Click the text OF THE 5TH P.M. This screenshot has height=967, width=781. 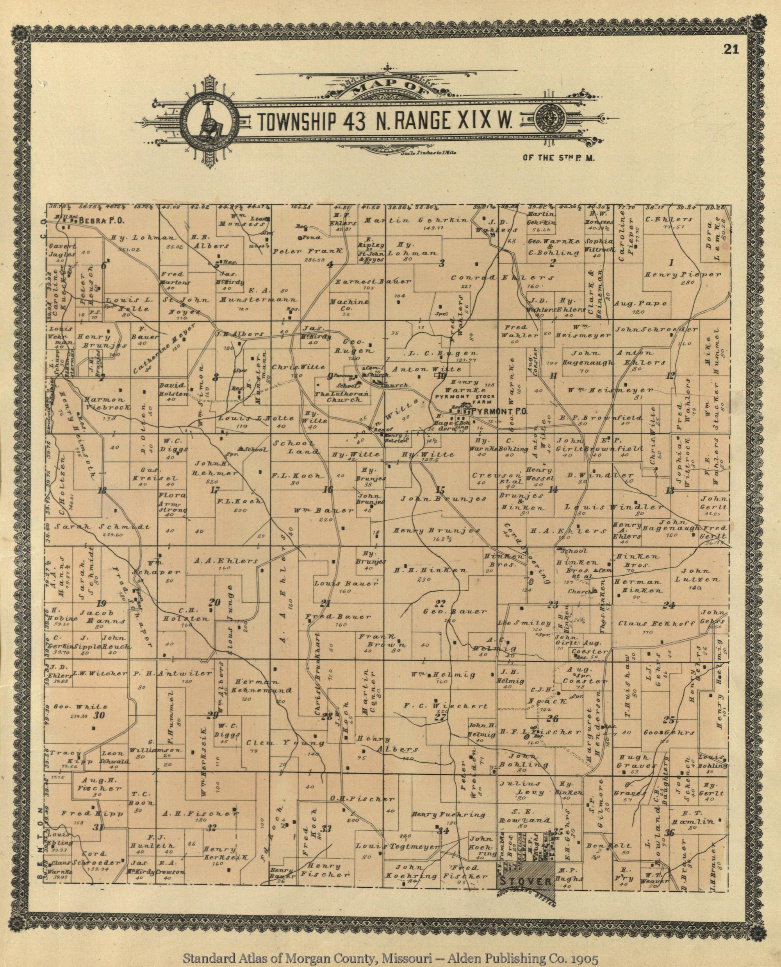(559, 158)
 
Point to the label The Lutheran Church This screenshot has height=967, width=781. (342, 397)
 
